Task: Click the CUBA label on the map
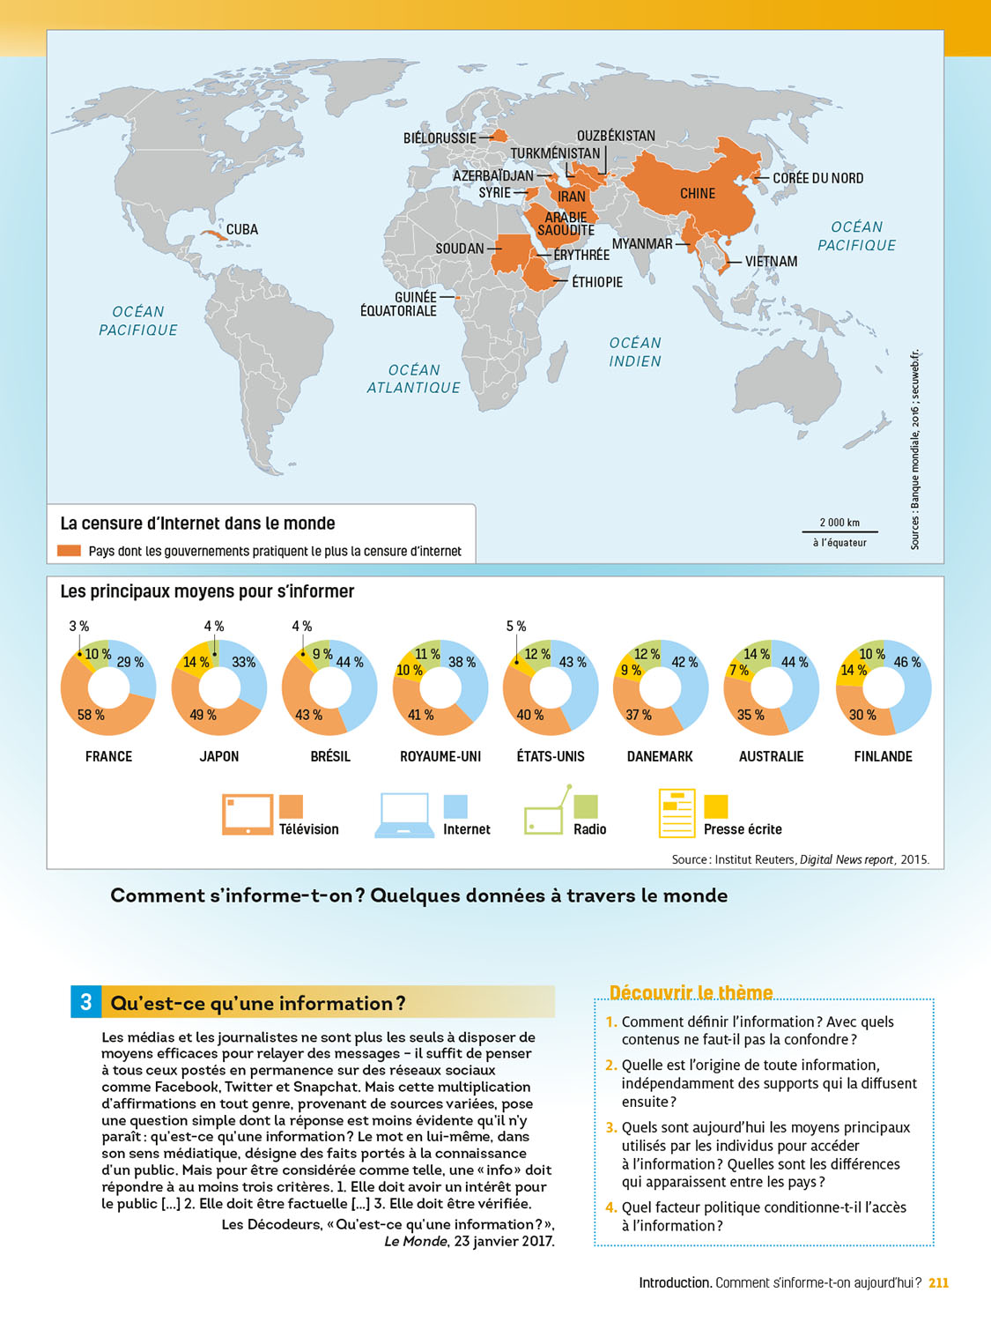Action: click(241, 230)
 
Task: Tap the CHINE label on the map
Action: click(697, 194)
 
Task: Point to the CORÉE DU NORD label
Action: click(817, 178)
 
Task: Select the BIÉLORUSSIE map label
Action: click(440, 138)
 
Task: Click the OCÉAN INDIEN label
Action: click(634, 352)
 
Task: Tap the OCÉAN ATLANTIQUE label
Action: click(413, 379)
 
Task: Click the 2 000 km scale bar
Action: click(839, 531)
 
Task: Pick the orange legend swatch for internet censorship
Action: click(69, 551)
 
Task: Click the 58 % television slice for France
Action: click(91, 715)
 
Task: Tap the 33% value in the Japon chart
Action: click(243, 663)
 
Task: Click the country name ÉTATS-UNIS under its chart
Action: click(551, 756)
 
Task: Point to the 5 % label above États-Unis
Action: click(516, 626)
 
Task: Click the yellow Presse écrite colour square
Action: click(716, 806)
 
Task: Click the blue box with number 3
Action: click(85, 1002)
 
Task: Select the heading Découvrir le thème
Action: click(691, 993)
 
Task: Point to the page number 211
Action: click(939, 1283)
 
